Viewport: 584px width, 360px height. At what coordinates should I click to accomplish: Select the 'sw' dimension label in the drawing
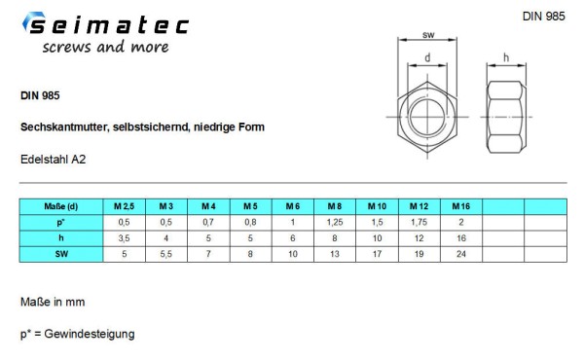point(428,35)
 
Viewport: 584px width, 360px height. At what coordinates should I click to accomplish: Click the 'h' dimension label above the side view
point(507,59)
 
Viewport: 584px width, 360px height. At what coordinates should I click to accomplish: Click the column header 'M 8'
point(334,206)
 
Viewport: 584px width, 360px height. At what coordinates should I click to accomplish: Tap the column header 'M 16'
point(460,206)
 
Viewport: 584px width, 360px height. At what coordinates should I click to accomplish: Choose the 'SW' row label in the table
point(60,254)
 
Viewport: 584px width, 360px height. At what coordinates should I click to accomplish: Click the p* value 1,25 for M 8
point(334,222)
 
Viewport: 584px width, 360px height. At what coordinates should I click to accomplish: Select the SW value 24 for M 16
point(460,254)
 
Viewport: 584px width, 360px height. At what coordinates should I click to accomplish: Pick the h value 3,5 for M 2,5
point(123,238)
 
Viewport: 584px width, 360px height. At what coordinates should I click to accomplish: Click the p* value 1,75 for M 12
point(419,222)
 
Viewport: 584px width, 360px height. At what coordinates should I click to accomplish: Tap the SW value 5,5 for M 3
point(165,254)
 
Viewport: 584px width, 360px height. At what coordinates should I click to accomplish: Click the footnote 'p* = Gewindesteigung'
point(77,334)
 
